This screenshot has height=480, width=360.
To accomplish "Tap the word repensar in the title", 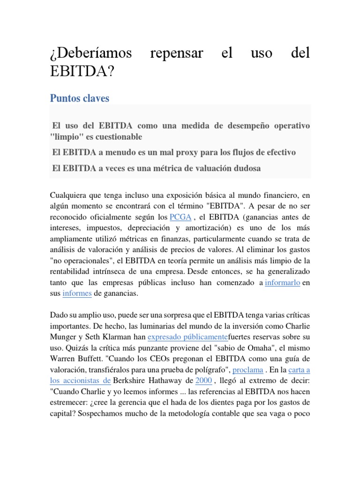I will (176, 53).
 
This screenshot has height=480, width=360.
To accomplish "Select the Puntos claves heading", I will (79, 98).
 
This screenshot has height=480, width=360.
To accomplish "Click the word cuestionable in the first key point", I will (117, 136).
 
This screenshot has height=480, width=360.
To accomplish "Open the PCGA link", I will (180, 217).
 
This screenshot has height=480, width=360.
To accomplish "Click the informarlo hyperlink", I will (282, 283).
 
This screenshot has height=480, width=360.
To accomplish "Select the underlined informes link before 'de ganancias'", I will (77, 293).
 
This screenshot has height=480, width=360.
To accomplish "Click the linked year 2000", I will (204, 380).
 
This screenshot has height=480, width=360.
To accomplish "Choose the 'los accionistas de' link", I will (80, 380).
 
